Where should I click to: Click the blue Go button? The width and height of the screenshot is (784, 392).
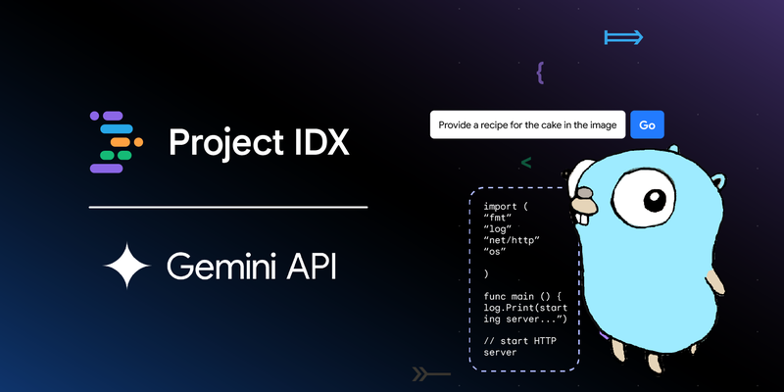point(647,124)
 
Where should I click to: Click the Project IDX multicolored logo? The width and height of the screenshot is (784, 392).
point(116,142)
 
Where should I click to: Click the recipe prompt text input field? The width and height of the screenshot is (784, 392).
point(527,124)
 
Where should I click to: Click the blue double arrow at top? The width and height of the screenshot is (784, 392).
point(623,37)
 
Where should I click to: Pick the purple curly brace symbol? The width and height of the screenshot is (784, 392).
point(540,73)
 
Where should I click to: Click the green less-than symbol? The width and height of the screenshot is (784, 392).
point(526,163)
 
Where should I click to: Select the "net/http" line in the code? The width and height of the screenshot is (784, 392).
point(512,240)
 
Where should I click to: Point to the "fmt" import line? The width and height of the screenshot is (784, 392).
point(502,218)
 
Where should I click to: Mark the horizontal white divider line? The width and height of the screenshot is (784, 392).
point(228,207)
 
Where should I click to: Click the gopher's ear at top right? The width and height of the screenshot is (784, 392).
point(719,182)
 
